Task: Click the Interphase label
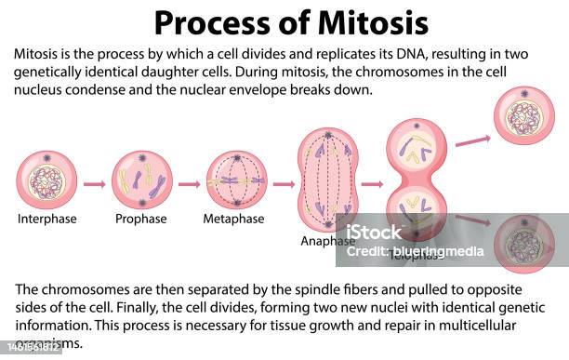point(47,220)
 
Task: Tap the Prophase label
point(141,220)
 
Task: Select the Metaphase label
point(234,220)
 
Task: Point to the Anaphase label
point(328,241)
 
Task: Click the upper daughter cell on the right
point(524,116)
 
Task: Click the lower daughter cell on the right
point(524,245)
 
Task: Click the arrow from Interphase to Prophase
point(94,184)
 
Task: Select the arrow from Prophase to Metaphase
point(189,184)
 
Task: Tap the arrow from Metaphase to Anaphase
point(282,184)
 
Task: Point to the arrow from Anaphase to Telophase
point(372,184)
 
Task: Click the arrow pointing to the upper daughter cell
point(474,138)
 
